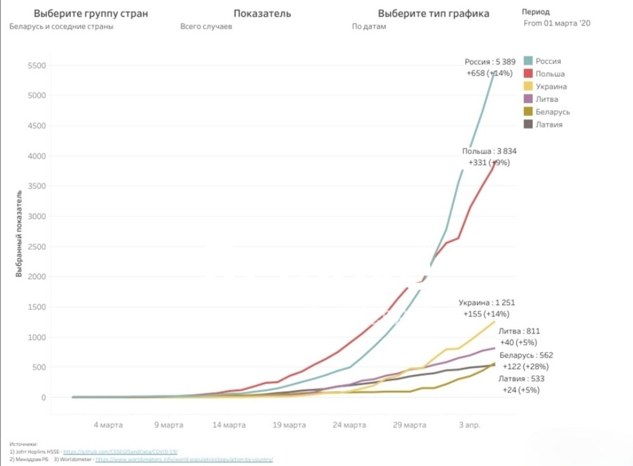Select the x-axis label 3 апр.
click(469, 425)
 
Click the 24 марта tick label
click(349, 425)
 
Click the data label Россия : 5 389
click(490, 62)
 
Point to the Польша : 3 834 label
click(489, 151)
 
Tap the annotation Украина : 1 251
click(486, 303)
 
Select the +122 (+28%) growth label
click(525, 366)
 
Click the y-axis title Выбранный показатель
click(19, 234)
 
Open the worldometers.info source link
click(184, 459)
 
